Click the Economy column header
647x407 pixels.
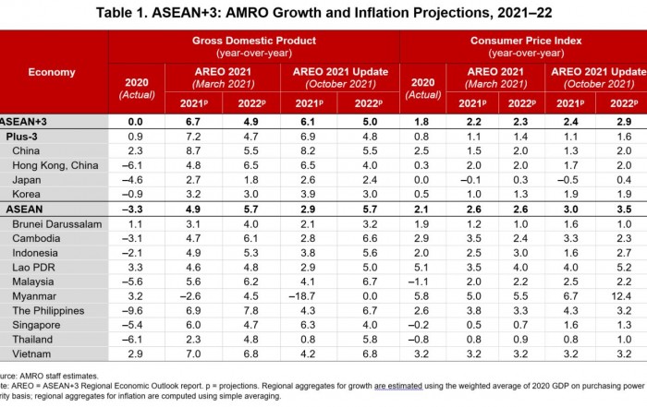click(x=52, y=72)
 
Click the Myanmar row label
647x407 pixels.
click(x=35, y=296)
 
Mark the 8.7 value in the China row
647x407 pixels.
click(x=193, y=150)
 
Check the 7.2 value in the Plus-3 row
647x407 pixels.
click(x=193, y=136)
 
